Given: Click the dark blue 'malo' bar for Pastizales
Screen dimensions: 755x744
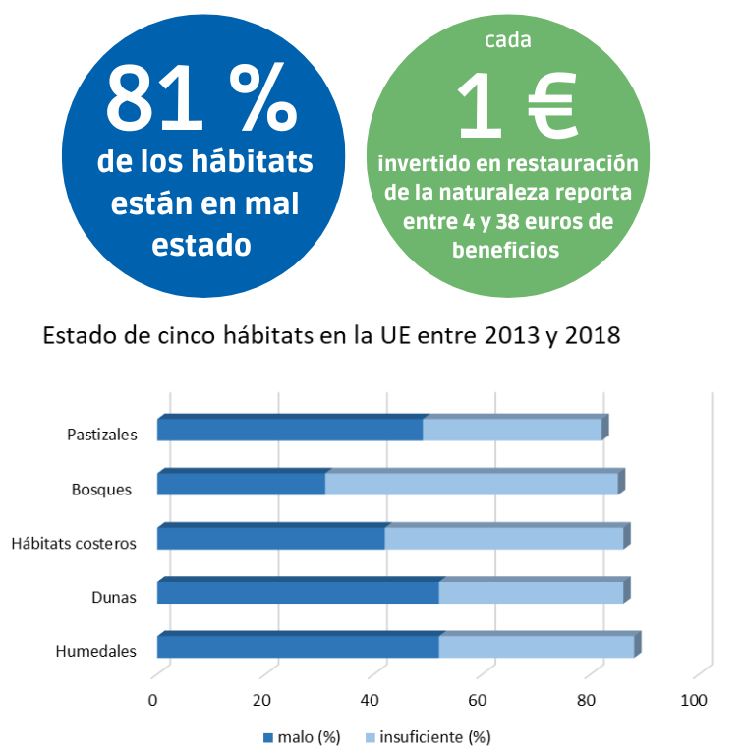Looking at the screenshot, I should (290, 430).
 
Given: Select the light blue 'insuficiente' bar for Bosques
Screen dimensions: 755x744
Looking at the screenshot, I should (472, 484).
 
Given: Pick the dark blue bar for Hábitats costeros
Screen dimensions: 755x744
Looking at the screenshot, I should (270, 538).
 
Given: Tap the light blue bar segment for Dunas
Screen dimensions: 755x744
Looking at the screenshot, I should (531, 592).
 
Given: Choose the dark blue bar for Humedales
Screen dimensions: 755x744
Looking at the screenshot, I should (298, 646).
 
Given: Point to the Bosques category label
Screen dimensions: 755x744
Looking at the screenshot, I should (101, 489).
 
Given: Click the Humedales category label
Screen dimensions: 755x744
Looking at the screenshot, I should (95, 650).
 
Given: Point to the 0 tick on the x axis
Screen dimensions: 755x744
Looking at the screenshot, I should (152, 700).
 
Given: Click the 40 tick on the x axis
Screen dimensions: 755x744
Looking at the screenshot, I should (370, 700).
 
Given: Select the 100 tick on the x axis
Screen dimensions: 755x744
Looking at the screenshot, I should (694, 700).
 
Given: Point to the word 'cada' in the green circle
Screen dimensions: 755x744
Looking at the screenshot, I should (508, 40).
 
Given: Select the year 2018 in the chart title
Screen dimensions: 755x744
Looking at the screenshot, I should (588, 335).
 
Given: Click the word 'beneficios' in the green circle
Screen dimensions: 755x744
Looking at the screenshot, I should (506, 250).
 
